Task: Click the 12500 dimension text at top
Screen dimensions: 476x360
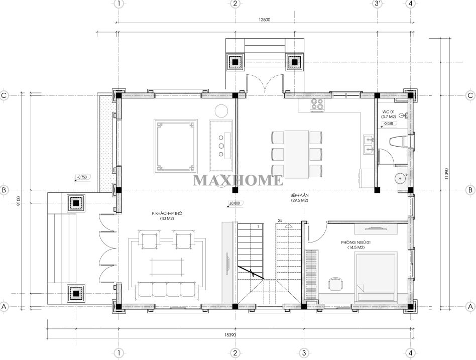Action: point(265,20)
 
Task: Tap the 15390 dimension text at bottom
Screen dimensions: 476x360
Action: point(230,335)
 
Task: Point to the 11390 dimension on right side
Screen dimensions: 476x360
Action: point(446,174)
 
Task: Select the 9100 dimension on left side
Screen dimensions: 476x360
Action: point(18,201)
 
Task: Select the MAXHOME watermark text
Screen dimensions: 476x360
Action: point(238,180)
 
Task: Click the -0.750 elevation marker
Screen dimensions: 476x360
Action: point(82,177)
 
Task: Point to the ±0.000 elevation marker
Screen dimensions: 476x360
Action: point(235,203)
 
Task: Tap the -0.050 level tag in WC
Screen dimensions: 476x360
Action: point(388,124)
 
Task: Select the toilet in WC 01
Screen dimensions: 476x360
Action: point(400,142)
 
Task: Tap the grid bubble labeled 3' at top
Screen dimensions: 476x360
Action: point(377,4)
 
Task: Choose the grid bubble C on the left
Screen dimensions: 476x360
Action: point(4,95)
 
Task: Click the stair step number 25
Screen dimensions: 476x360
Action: point(280,220)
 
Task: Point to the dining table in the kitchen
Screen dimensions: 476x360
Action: point(297,154)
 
